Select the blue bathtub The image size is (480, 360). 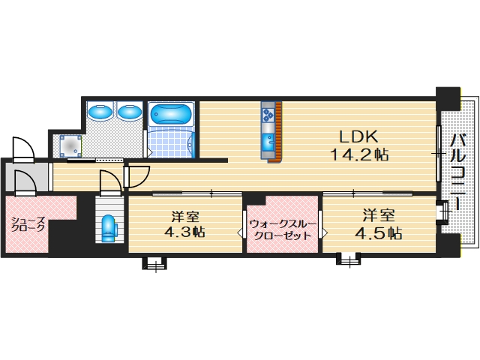point(172,114)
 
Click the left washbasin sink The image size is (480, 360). point(100,112)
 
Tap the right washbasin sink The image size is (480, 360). point(130,112)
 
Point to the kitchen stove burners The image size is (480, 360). point(268,115)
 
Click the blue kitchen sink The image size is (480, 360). point(268,141)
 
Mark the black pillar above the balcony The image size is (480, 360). point(448,96)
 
